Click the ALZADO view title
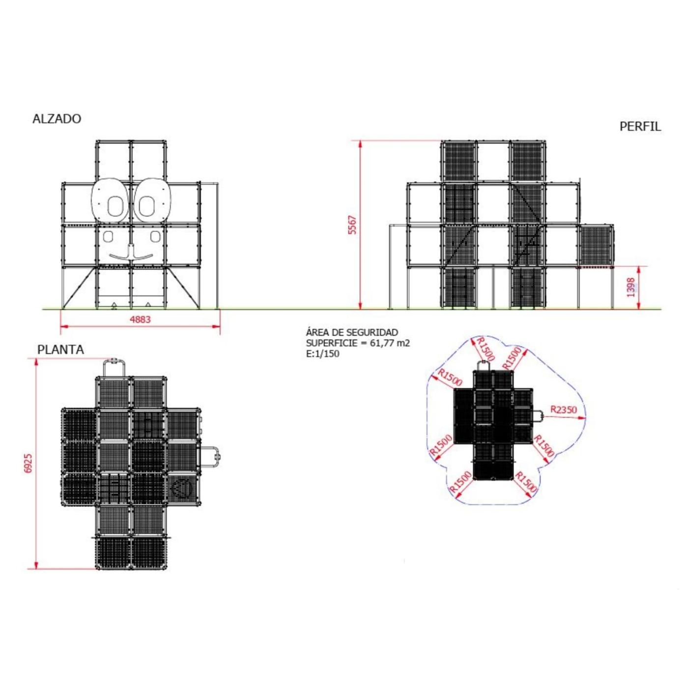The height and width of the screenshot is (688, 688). (x=57, y=119)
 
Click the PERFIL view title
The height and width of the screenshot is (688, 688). (x=640, y=127)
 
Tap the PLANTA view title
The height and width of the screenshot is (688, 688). (x=60, y=350)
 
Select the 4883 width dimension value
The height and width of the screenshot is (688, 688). (x=140, y=319)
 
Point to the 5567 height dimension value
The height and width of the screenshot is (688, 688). (x=352, y=225)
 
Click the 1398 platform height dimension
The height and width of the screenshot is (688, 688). (x=631, y=287)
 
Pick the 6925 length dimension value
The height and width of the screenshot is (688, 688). (x=29, y=463)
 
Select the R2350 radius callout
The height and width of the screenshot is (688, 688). (x=563, y=409)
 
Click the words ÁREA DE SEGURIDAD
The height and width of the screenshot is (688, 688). (x=352, y=333)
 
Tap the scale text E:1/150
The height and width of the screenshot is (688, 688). (x=322, y=354)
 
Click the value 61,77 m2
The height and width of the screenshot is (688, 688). (x=390, y=343)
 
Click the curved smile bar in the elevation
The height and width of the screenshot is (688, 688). (x=131, y=257)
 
